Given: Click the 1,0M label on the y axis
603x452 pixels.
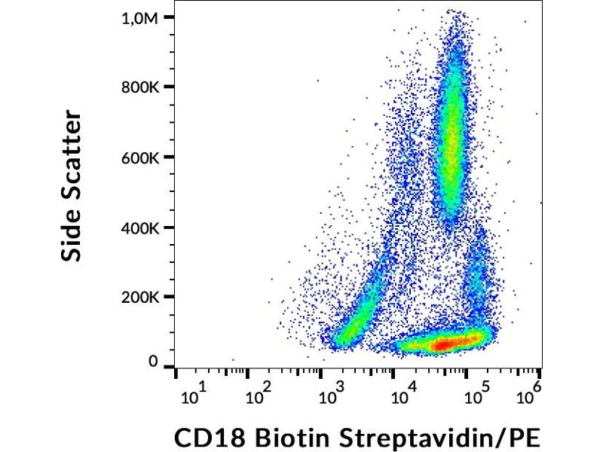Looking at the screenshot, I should (x=141, y=18).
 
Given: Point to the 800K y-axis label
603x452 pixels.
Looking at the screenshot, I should (x=140, y=87).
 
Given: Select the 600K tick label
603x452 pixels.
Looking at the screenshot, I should (x=140, y=157).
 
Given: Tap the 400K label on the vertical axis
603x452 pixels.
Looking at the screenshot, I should (x=140, y=228).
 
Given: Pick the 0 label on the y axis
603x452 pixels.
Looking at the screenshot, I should (x=154, y=362).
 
